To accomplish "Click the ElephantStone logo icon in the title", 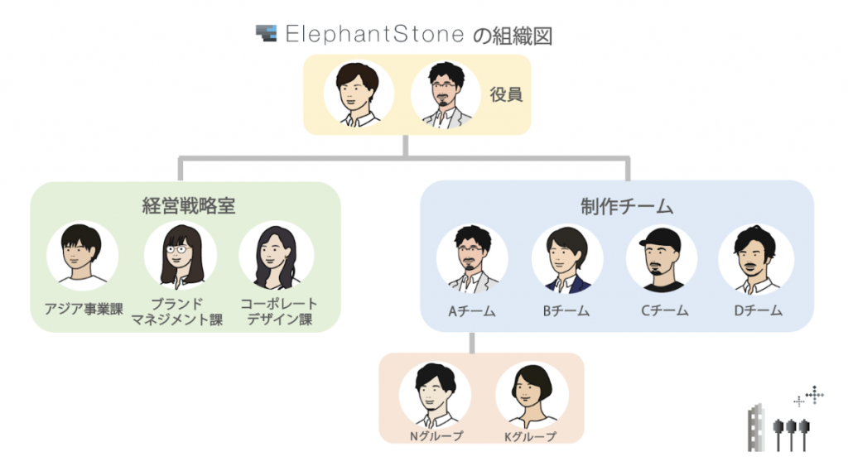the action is [266, 34].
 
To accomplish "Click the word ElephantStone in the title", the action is [374, 34].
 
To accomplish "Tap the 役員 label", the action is [506, 94].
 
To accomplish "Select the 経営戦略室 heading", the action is [188, 205].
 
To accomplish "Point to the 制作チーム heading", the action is [627, 207].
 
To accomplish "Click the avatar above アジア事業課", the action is [82, 256].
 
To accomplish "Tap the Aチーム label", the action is [471, 311].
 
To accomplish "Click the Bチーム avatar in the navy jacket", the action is [566, 260].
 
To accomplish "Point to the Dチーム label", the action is [759, 311].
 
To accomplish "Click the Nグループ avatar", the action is [435, 396].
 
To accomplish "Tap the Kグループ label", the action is [530, 436].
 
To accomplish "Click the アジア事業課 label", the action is [84, 310].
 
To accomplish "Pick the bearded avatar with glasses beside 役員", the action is [446, 94].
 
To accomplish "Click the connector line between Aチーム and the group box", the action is [472, 343].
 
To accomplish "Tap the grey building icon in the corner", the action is [756, 428].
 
